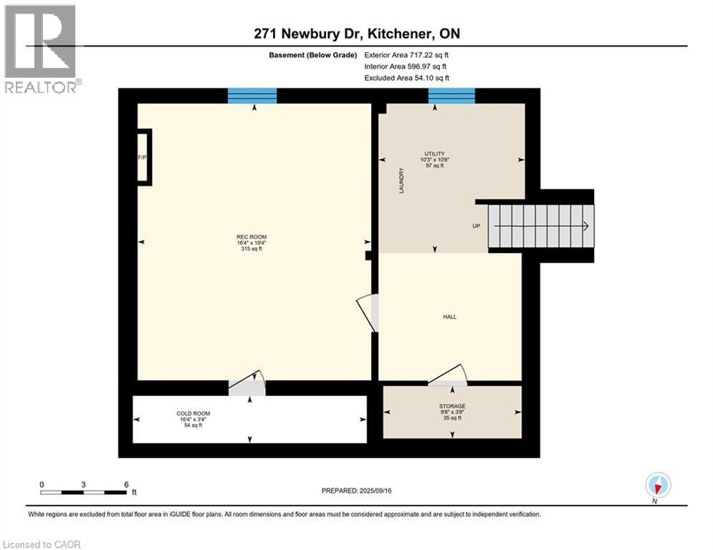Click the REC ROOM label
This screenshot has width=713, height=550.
[247, 243]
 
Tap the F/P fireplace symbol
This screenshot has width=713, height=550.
[143, 157]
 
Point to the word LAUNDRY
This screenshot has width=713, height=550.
[402, 180]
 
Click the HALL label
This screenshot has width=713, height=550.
[449, 317]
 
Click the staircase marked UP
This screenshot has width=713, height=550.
[541, 226]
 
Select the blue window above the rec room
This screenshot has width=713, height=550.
[252, 95]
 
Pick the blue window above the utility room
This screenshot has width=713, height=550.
[451, 95]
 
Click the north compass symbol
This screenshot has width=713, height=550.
[657, 485]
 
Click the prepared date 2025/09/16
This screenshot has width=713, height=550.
[359, 491]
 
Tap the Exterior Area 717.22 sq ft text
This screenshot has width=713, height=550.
[406, 54]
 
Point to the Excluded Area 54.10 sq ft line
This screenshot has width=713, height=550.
[406, 78]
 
